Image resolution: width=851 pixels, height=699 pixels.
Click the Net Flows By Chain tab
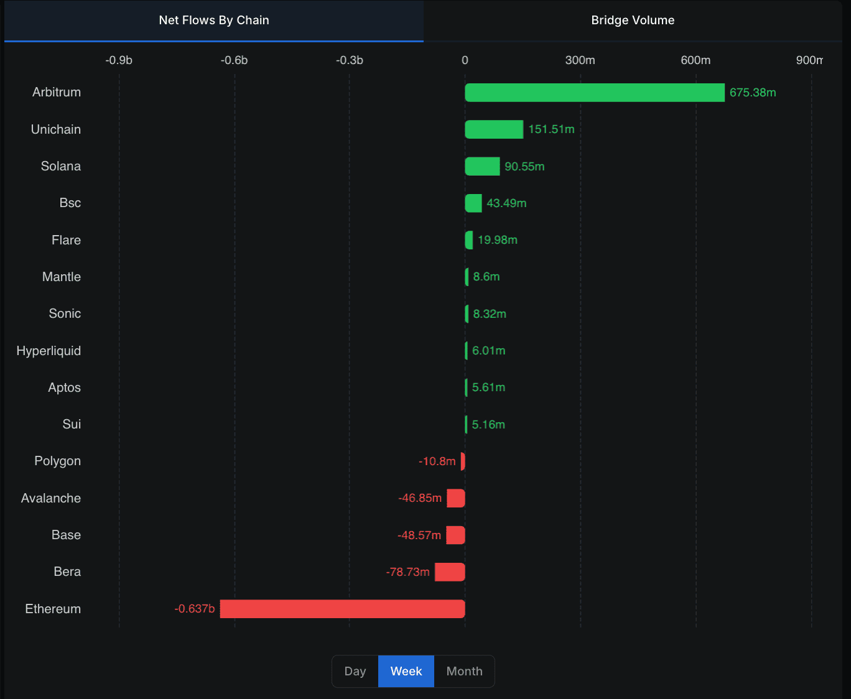pos(214,21)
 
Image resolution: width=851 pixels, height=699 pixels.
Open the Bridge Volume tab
pos(633,21)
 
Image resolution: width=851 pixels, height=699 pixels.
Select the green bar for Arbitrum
pos(595,93)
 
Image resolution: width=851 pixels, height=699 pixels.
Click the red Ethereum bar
pos(342,609)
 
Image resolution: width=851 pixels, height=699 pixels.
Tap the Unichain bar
pos(494,129)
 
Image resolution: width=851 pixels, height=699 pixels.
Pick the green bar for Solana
pos(482,166)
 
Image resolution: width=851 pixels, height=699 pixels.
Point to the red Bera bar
pos(450,572)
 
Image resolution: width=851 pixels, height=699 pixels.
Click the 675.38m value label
pos(753,93)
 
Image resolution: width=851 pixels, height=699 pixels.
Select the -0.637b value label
pos(195,609)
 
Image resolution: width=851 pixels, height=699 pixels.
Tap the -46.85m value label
pos(420,498)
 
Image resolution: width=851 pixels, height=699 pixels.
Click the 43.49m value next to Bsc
pos(506,203)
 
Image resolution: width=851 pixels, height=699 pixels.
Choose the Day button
pos(355,672)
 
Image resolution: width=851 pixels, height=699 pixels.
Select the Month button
pos(464,672)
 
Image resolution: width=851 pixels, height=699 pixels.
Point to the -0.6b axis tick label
pos(234,60)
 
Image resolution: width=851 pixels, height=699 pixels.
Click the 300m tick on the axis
pos(580,60)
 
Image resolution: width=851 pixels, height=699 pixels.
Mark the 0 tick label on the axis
pos(465,60)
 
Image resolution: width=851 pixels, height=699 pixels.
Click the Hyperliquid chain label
pos(49,351)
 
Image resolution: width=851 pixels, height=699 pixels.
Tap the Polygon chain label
pos(57,461)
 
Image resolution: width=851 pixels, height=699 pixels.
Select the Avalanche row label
pos(51,498)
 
